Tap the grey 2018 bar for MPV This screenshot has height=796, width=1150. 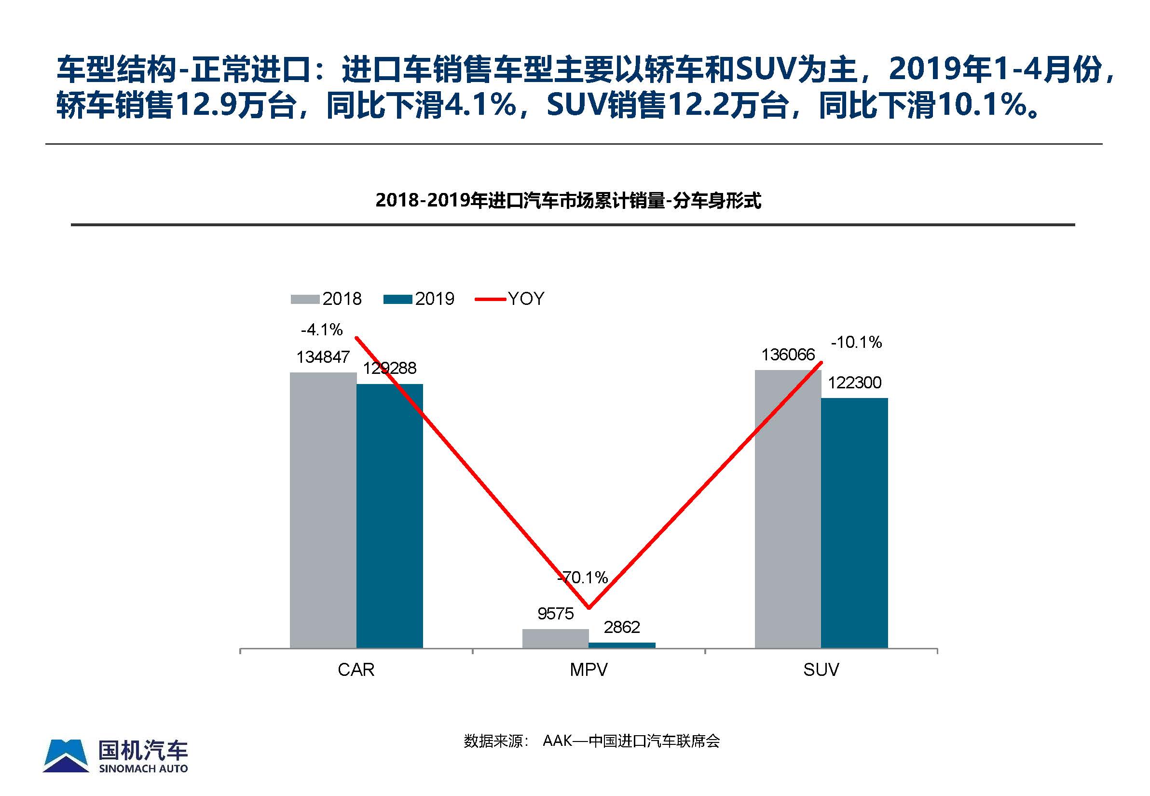tap(555, 638)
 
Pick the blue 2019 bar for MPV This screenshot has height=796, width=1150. tap(622, 645)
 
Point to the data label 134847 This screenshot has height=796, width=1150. tap(323, 357)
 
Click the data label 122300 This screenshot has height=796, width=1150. tap(854, 383)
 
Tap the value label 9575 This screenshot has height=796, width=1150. tap(555, 614)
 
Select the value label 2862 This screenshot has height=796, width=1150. tap(621, 627)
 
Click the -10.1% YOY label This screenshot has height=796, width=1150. tap(856, 342)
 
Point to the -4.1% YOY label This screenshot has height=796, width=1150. tap(322, 329)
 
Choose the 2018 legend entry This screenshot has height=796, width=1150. tap(327, 299)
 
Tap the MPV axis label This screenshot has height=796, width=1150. tap(589, 669)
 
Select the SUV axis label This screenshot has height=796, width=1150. tap(821, 669)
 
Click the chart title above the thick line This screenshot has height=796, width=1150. tap(568, 201)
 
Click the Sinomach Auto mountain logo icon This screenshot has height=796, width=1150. tap(66, 756)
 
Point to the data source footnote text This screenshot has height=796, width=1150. tap(591, 741)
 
